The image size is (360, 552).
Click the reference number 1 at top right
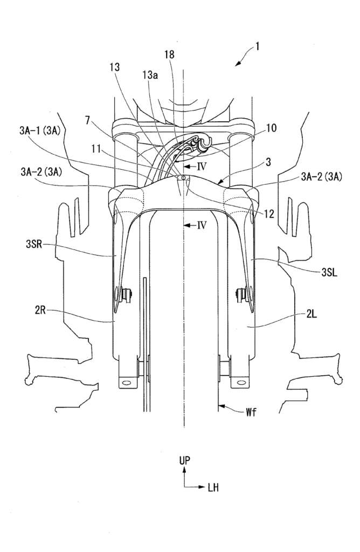click(258, 46)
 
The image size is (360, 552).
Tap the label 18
click(169, 54)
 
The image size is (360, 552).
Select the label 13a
click(150, 74)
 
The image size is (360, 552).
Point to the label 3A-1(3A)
click(40, 131)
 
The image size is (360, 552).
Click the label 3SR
click(34, 244)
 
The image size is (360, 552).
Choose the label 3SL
click(329, 272)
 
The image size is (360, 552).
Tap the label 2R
click(39, 311)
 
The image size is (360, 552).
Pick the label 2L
click(311, 314)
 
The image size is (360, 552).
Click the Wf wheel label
click(251, 412)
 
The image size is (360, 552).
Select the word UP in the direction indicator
click(185, 460)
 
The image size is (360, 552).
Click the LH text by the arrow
click(213, 487)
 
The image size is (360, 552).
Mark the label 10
click(271, 128)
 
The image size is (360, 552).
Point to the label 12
click(269, 213)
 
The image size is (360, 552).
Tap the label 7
click(88, 120)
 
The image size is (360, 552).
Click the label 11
click(96, 149)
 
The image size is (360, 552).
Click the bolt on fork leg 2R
click(126, 294)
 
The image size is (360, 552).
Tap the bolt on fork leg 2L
click(241, 294)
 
